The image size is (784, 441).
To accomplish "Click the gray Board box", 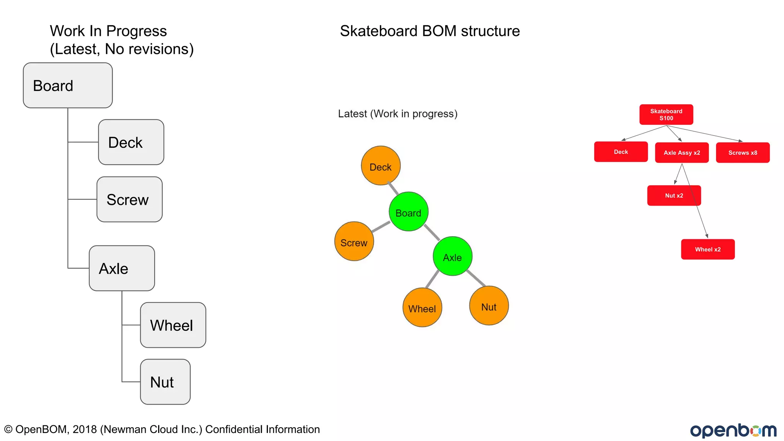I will pos(68,85).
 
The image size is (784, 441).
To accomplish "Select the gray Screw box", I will pos(129,199).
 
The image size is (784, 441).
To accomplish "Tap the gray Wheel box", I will pos(173,325).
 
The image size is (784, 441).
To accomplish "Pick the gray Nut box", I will pos(165,382).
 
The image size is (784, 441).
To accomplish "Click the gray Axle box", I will pos(122,268).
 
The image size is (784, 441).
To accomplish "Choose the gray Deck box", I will pos(131,142).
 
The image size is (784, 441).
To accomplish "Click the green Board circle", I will pos(408,212).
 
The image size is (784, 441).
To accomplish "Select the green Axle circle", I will pos(452,256).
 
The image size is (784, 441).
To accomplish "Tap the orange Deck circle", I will pos(381,166).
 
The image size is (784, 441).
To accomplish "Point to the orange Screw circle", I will pos(354,242).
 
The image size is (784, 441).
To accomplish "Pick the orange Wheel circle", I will pos(422,307).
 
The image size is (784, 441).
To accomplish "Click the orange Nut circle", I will pos(489,306).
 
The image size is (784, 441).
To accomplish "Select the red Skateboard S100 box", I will pos(666,114).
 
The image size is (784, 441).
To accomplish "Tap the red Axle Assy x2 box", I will pos(682,153).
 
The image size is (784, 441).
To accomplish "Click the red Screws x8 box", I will pos(743,153).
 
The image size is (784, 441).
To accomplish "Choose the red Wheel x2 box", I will pos(708,249).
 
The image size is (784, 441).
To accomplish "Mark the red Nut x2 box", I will pos(674,196).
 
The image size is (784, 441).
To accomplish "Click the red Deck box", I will pos(621,152).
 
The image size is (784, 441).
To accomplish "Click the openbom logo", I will pos(733,430).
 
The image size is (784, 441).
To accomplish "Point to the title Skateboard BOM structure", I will pos(430,31).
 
